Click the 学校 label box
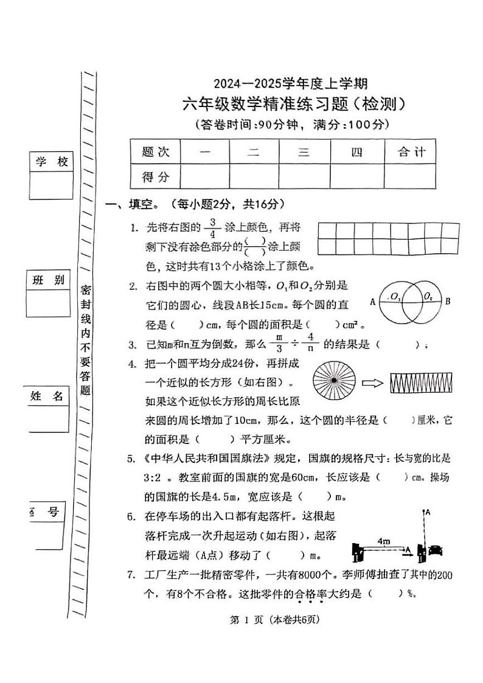pos(50,162)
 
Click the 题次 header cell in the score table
pos(155,152)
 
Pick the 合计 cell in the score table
pos(410,152)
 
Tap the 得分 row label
pos(155,177)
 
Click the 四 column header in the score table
pos(356,152)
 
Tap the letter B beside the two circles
pos(448,300)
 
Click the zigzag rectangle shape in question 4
pos(418,383)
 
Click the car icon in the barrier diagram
pos(436,550)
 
